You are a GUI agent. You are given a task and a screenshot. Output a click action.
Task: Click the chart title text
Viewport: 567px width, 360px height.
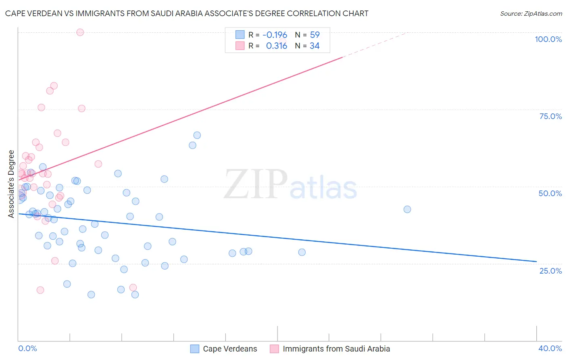pos(187,13)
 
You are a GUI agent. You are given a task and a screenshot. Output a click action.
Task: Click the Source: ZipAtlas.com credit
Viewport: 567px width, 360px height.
pos(531,13)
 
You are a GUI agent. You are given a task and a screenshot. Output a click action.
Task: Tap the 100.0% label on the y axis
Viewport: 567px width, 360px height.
pos(548,39)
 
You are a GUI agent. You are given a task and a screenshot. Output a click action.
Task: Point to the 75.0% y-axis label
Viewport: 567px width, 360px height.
pos(550,116)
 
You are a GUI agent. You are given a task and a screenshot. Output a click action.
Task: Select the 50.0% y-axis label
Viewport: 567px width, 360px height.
pos(550,193)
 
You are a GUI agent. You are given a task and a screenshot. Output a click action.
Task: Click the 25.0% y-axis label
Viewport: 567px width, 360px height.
pos(550,271)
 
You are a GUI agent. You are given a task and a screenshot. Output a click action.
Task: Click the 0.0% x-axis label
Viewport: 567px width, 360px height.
pos(27,348)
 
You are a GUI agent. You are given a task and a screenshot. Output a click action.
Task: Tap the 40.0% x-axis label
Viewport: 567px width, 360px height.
pos(550,348)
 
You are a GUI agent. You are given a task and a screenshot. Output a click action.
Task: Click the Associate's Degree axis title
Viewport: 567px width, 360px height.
pos(11,184)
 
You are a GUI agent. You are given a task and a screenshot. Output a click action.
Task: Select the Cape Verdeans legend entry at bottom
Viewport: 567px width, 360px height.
pos(224,349)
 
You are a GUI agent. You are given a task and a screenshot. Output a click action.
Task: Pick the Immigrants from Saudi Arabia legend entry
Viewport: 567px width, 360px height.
pos(330,349)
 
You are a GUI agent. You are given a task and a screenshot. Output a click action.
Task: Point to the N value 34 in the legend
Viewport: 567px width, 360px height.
pos(315,46)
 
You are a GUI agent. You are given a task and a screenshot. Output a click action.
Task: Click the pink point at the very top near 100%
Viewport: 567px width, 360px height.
pos(80,32)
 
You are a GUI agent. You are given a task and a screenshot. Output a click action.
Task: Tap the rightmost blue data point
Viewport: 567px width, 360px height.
pos(407,209)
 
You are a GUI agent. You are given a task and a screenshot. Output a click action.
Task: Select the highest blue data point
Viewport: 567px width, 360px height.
pos(197,135)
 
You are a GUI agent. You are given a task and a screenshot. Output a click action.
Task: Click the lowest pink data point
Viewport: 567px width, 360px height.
pos(40,290)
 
